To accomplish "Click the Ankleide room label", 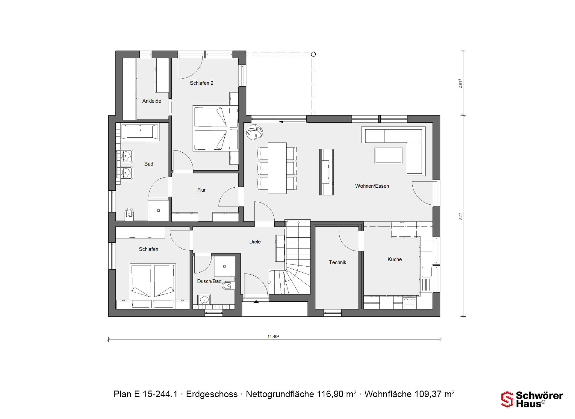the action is (152, 101).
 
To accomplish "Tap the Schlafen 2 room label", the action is (202, 83).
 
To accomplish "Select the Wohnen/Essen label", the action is (372, 186).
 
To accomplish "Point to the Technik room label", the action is (338, 262).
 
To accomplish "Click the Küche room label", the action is (395, 259).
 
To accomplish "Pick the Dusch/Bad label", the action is (209, 281).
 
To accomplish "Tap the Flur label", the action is (202, 190).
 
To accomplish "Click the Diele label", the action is (255, 242).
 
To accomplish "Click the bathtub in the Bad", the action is (140, 132).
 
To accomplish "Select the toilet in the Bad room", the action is (129, 214).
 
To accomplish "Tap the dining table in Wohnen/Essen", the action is (277, 168).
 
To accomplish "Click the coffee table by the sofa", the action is (388, 156).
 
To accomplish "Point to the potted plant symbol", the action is (255, 132).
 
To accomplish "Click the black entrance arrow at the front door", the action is (256, 302).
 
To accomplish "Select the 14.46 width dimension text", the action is (273, 336).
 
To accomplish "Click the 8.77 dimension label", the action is (461, 217).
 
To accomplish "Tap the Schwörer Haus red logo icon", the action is (507, 399).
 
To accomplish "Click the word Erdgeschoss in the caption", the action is (212, 394).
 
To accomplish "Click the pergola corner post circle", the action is (313, 54).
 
